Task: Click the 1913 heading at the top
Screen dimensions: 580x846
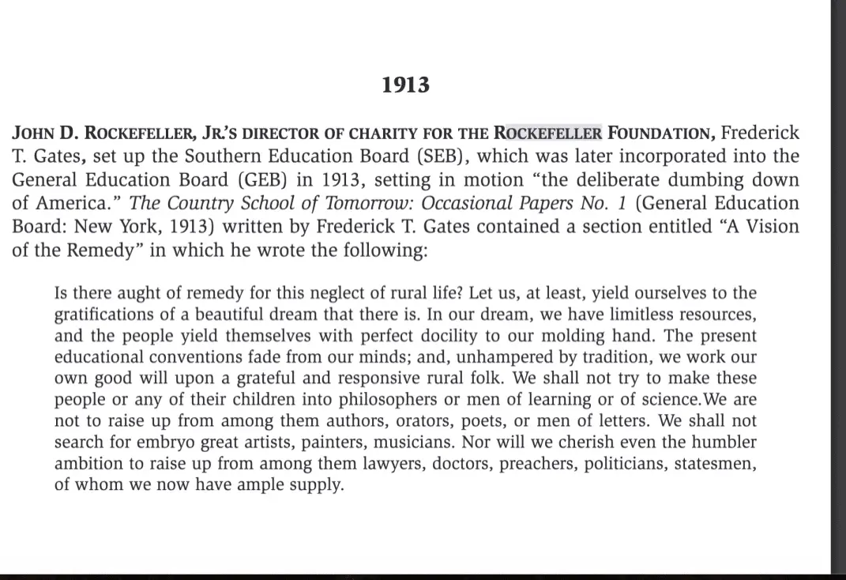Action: pos(405,85)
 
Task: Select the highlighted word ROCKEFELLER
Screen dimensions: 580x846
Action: pos(547,133)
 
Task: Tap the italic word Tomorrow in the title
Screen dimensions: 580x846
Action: pos(348,203)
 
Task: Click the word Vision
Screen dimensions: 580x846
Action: pos(769,226)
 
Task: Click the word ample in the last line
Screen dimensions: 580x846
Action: pos(258,485)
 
